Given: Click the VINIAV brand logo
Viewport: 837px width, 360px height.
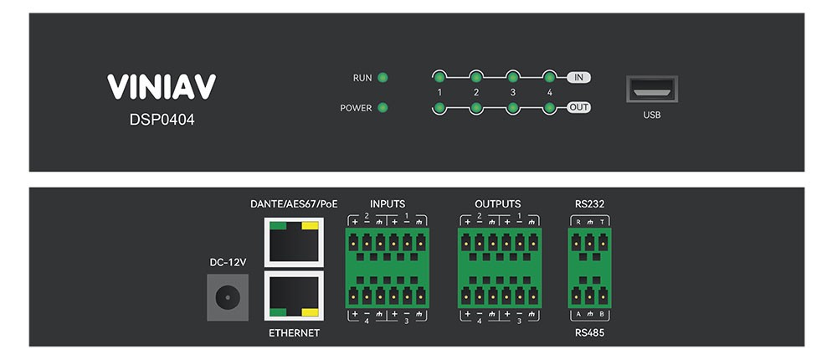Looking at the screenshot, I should [162, 87].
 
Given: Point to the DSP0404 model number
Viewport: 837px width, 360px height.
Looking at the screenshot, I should [162, 120].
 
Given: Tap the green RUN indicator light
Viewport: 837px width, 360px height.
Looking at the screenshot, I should [383, 78].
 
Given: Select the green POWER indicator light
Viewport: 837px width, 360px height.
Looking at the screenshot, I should [383, 108].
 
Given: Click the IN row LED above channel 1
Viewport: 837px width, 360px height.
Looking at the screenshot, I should [439, 77].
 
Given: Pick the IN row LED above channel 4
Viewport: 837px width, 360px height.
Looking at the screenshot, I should [549, 77].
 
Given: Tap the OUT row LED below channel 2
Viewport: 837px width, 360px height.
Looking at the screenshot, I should [475, 108].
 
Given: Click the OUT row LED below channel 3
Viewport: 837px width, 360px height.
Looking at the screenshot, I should [512, 108].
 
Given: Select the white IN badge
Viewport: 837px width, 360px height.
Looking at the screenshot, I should [578, 78].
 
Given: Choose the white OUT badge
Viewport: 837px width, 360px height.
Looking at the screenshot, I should [578, 108].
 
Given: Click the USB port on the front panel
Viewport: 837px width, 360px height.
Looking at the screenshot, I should [651, 90].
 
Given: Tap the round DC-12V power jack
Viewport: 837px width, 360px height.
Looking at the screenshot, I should [226, 297].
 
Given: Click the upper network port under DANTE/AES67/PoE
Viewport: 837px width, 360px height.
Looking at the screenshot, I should [293, 241].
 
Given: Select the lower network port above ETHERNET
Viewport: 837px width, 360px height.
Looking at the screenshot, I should [293, 296].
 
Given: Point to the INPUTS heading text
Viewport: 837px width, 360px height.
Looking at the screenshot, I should [387, 203].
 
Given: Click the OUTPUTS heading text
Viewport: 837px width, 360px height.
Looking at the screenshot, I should [497, 203].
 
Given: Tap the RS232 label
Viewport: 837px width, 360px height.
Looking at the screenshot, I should [590, 203].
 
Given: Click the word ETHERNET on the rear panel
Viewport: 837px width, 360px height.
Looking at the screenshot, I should [294, 333].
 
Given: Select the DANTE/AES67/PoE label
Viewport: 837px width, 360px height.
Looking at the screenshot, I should [294, 203].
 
